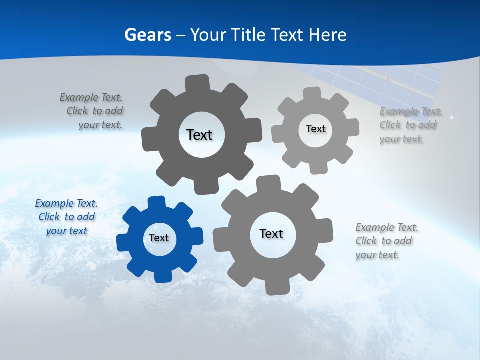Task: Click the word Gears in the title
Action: (x=147, y=35)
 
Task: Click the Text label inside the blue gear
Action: (x=159, y=238)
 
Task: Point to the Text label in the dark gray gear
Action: (x=199, y=135)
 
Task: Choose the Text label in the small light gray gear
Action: (x=315, y=129)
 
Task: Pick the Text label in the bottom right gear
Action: (x=271, y=233)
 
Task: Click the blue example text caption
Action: (x=66, y=217)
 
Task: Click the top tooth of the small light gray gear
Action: (x=312, y=94)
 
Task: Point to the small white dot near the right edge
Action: (x=452, y=117)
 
